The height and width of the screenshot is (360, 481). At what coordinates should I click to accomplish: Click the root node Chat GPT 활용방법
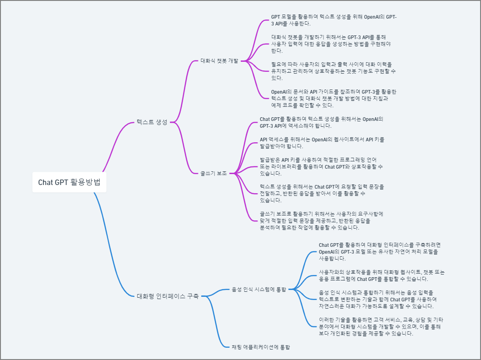69,182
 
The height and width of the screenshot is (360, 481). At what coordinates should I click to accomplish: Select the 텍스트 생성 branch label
152,122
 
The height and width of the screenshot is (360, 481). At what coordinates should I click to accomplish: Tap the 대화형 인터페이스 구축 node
168,296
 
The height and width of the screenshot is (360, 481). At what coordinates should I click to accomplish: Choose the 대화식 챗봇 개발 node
219,60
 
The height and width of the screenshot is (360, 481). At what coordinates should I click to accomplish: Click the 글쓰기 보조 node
213,173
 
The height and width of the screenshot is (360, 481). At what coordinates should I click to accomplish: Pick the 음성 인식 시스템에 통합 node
259,289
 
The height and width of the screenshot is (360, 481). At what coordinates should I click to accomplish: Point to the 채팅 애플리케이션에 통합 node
261,347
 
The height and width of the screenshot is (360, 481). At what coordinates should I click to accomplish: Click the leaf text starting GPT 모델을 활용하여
334,20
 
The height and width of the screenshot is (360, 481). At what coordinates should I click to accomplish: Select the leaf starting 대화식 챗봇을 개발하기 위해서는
331,44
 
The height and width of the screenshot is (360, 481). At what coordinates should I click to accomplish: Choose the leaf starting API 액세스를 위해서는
322,143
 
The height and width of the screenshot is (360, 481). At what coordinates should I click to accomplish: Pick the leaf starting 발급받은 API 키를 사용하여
321,166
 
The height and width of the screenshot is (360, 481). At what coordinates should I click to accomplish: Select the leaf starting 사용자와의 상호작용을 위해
382,275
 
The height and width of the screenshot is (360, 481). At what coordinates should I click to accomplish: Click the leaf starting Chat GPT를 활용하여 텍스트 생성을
322,122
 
